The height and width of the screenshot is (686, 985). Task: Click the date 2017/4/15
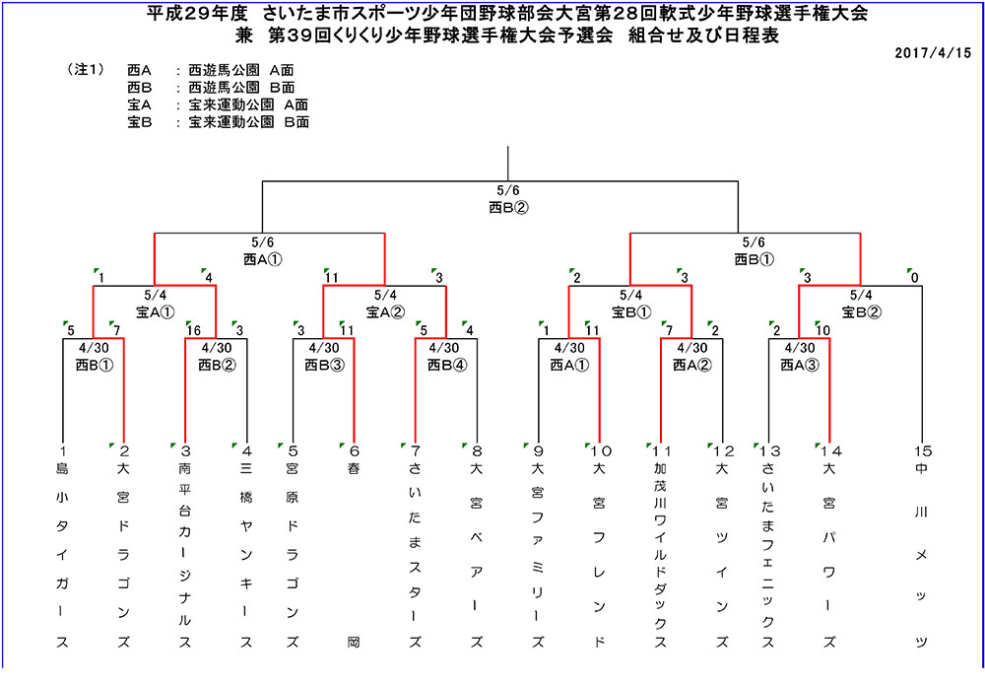pyautogui.click(x=932, y=53)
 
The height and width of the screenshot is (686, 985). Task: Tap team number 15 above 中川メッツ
pyautogui.click(x=923, y=450)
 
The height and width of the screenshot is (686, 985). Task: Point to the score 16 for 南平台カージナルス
pyautogui.click(x=193, y=330)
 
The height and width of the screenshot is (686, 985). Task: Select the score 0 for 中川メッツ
pyautogui.click(x=915, y=277)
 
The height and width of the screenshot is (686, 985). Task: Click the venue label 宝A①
pyautogui.click(x=155, y=311)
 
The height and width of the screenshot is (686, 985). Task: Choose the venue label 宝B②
pyautogui.click(x=861, y=311)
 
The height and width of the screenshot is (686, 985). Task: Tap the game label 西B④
pyautogui.click(x=446, y=365)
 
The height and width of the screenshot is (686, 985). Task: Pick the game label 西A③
pyautogui.click(x=800, y=365)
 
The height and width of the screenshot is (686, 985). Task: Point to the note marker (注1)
pyautogui.click(x=86, y=70)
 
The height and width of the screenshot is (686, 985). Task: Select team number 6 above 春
pyautogui.click(x=355, y=450)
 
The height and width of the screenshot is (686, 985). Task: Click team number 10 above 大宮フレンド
pyautogui.click(x=601, y=450)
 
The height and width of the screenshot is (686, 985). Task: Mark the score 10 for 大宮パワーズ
pyautogui.click(x=822, y=330)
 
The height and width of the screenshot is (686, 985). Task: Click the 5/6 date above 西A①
pyautogui.click(x=263, y=242)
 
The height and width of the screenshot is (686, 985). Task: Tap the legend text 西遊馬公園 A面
pyautogui.click(x=241, y=70)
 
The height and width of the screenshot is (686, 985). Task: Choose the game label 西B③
pyautogui.click(x=324, y=365)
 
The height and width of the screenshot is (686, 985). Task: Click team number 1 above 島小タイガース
pyautogui.click(x=63, y=450)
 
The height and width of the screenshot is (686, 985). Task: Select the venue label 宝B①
pyautogui.click(x=630, y=311)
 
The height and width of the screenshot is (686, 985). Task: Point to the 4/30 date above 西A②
pyautogui.click(x=692, y=348)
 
